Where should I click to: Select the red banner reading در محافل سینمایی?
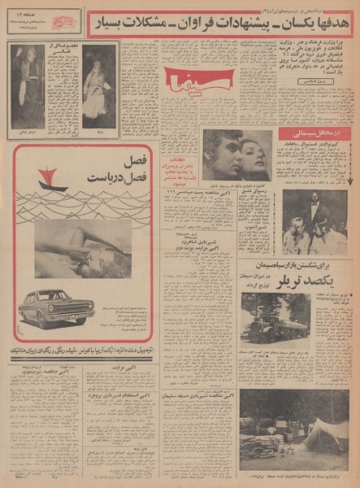click(312, 132)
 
